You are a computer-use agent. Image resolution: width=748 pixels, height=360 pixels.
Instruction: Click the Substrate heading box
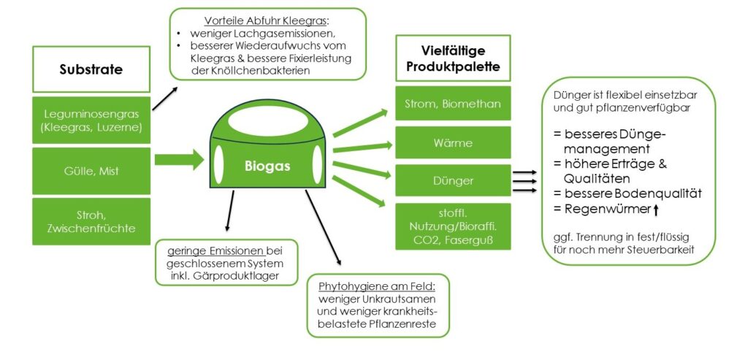91,70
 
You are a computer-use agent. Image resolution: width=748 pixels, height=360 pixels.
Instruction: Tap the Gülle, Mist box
91,170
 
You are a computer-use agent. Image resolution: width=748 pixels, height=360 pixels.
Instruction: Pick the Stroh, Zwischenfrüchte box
91,221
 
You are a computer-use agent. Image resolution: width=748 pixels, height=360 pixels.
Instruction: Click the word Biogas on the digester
267,166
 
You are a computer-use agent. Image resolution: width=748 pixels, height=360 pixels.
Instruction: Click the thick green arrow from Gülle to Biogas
179,158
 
